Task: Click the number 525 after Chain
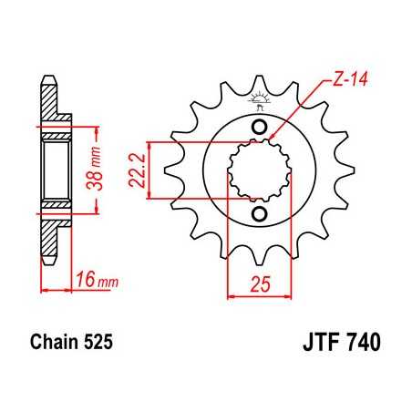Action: (98, 345)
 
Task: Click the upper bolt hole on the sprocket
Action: (259, 126)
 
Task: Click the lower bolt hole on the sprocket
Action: (259, 214)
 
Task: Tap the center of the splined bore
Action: (259, 170)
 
